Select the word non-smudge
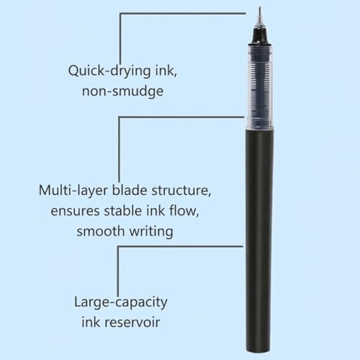(122, 91)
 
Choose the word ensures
(75, 211)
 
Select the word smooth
(100, 231)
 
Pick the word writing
(151, 232)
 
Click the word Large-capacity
(121, 302)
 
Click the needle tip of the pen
(260, 7)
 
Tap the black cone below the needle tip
(259, 36)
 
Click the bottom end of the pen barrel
(258, 352)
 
